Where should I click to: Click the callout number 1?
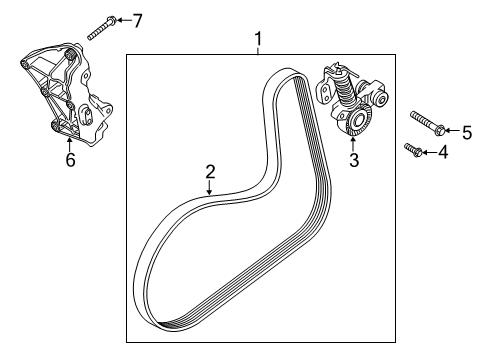(258, 39)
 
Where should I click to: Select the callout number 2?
(210, 171)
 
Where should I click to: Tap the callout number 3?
(352, 159)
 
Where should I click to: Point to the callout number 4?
(444, 153)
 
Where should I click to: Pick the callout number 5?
(466, 131)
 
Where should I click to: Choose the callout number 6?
(69, 160)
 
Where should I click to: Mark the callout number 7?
(138, 20)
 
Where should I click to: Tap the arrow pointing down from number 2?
(210, 186)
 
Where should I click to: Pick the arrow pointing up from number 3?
(352, 144)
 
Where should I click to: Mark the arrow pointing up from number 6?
(69, 145)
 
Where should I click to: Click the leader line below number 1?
(258, 51)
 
